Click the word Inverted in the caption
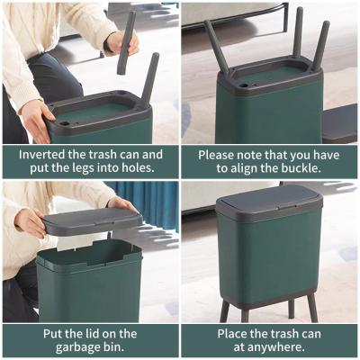point(41,155)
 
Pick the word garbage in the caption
point(78,347)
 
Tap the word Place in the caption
point(233,334)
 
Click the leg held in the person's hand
point(125,43)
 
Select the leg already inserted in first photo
point(149,78)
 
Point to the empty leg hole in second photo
point(244,85)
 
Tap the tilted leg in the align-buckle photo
point(216,48)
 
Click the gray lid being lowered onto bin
point(93,221)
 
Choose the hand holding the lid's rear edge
point(121,203)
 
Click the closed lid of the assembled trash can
point(269,202)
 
